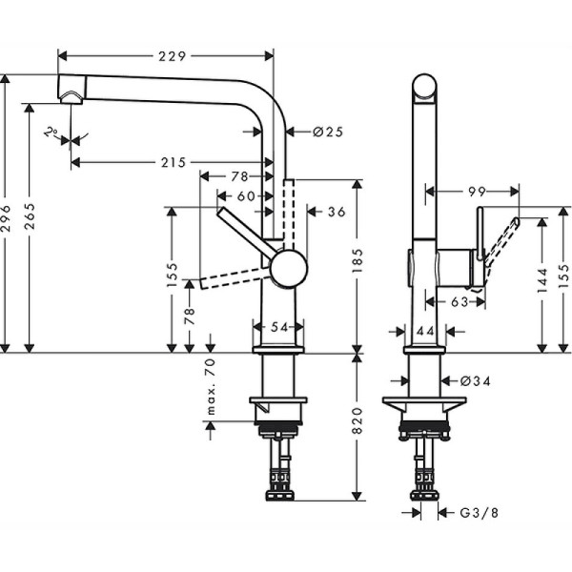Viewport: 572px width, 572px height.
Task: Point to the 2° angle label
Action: pyautogui.click(x=51, y=132)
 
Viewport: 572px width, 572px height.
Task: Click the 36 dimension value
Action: pyautogui.click(x=336, y=212)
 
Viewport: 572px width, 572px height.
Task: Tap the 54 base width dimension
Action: pyautogui.click(x=279, y=327)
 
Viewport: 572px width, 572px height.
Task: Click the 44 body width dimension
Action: pyautogui.click(x=425, y=330)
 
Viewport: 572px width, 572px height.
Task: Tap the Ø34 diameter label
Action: pyautogui.click(x=476, y=381)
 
